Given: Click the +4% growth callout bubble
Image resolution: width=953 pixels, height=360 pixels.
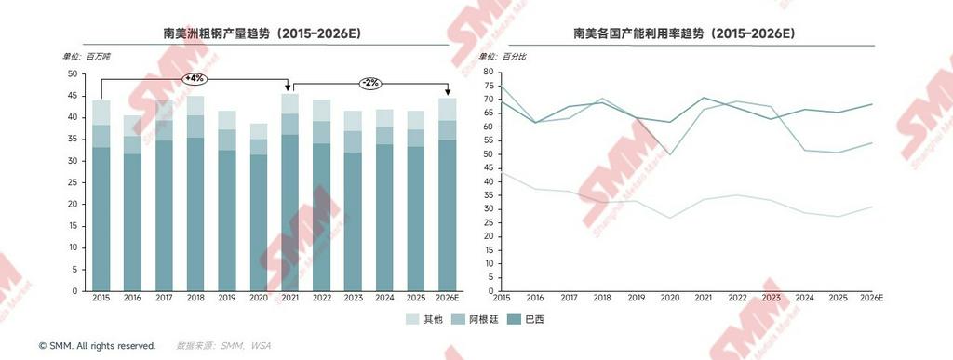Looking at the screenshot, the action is [x=195, y=78].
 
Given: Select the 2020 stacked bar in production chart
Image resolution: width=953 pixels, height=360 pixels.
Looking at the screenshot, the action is [x=259, y=207].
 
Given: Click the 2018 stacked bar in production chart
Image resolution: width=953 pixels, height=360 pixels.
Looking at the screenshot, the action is [x=195, y=193].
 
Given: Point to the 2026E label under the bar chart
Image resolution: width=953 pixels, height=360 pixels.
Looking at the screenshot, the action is [x=448, y=298].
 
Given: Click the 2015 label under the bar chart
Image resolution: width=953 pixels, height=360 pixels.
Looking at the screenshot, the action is [x=101, y=298].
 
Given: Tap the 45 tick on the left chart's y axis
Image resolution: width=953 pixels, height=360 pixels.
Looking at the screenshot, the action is [x=73, y=96].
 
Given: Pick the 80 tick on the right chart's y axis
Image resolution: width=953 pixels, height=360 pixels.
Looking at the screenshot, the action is [x=488, y=72].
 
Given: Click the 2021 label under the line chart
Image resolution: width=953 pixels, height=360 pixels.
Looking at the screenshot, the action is [x=704, y=298].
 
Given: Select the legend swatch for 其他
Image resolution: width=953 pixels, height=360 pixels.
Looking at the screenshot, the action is [x=412, y=320].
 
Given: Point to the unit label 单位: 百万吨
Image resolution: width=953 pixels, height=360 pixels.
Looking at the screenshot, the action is [x=87, y=57].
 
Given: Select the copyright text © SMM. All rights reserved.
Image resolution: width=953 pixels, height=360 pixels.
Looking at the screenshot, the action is [x=97, y=346].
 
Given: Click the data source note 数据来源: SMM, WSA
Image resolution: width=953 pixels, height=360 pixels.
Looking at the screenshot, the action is [x=223, y=346].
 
